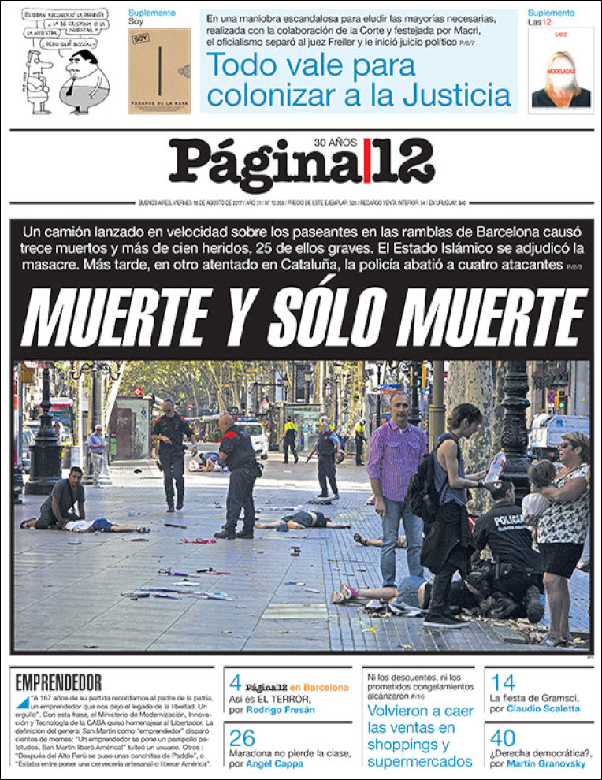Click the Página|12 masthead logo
(301, 164)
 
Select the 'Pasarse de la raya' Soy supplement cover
(159, 71)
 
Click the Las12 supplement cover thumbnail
(561, 71)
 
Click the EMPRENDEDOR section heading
(58, 682)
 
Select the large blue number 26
(242, 738)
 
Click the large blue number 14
(502, 683)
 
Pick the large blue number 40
(503, 738)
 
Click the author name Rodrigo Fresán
(280, 709)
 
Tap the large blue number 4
(235, 683)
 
